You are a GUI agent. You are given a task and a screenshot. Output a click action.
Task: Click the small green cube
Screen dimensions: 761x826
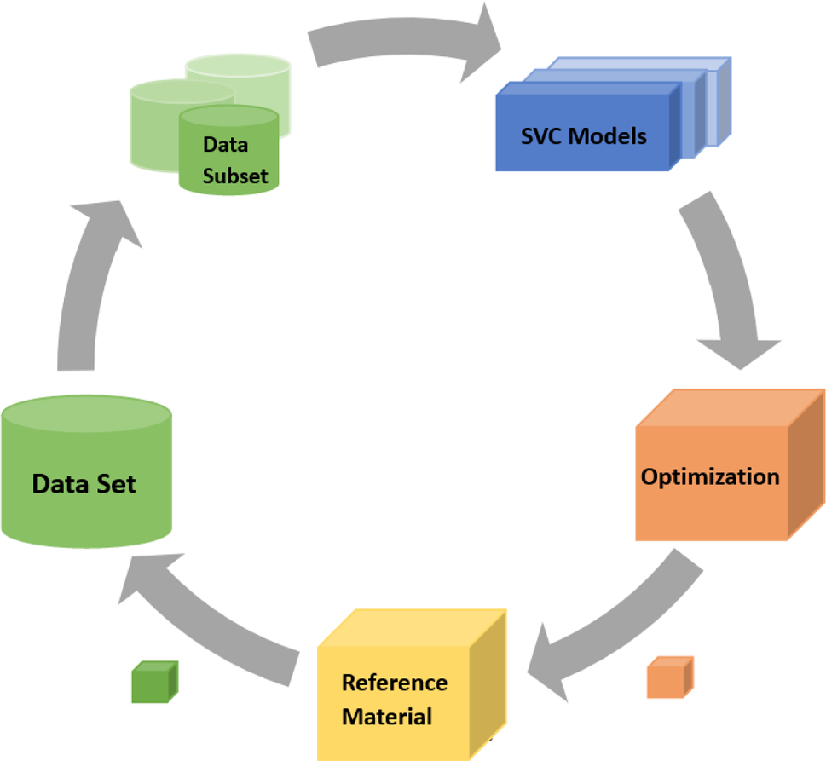[154, 682]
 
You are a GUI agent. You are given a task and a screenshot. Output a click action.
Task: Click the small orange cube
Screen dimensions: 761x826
[669, 677]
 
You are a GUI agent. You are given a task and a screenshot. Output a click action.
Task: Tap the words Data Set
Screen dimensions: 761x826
[84, 485]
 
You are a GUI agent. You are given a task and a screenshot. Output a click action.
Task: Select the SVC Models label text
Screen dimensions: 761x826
[584, 135]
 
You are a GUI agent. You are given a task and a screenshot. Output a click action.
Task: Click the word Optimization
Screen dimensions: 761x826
[710, 476]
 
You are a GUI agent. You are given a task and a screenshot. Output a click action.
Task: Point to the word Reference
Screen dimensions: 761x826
[394, 683]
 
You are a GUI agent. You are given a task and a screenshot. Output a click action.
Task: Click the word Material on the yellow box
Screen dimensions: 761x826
[387, 717]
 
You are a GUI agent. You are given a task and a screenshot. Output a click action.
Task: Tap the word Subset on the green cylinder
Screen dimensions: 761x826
[234, 176]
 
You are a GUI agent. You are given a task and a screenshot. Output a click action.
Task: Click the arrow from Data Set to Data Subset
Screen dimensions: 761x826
[89, 281]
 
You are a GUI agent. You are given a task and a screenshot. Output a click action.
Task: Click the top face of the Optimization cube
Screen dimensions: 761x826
[729, 406]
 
